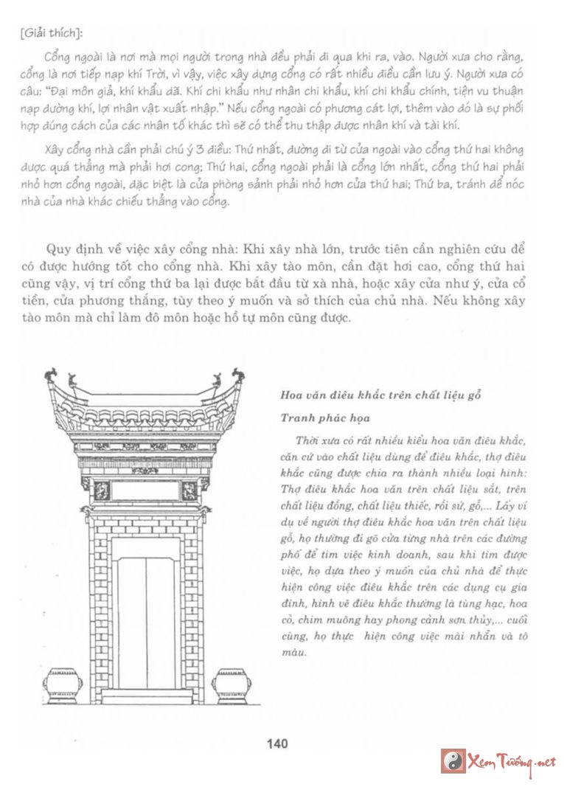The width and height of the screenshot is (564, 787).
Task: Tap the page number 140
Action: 277,743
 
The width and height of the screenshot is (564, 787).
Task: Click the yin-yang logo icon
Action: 453,760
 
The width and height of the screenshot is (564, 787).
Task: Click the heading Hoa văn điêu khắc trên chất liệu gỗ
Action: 380,395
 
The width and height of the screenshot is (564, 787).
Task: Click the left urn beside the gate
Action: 64,685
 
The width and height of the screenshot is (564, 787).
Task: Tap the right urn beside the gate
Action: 231,685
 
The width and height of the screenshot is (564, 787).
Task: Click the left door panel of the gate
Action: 132,623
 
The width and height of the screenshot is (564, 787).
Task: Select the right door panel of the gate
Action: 162,623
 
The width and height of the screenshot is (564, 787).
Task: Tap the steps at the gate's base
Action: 147,697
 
